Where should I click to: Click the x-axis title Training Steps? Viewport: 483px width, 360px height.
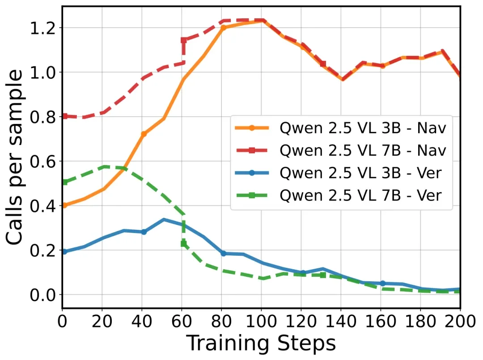[x=261, y=343]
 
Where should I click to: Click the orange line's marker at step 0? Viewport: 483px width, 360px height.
[x=64, y=205]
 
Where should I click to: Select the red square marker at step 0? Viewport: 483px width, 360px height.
[x=64, y=116]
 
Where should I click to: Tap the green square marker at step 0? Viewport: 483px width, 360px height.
[x=64, y=182]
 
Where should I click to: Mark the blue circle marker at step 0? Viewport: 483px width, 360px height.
[x=64, y=252]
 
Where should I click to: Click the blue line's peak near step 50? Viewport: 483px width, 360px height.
[x=164, y=220]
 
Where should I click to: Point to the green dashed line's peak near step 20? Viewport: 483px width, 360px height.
[x=104, y=167]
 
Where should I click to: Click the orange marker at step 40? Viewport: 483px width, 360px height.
[x=144, y=134]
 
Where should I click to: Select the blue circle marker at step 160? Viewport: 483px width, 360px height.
[x=382, y=283]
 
